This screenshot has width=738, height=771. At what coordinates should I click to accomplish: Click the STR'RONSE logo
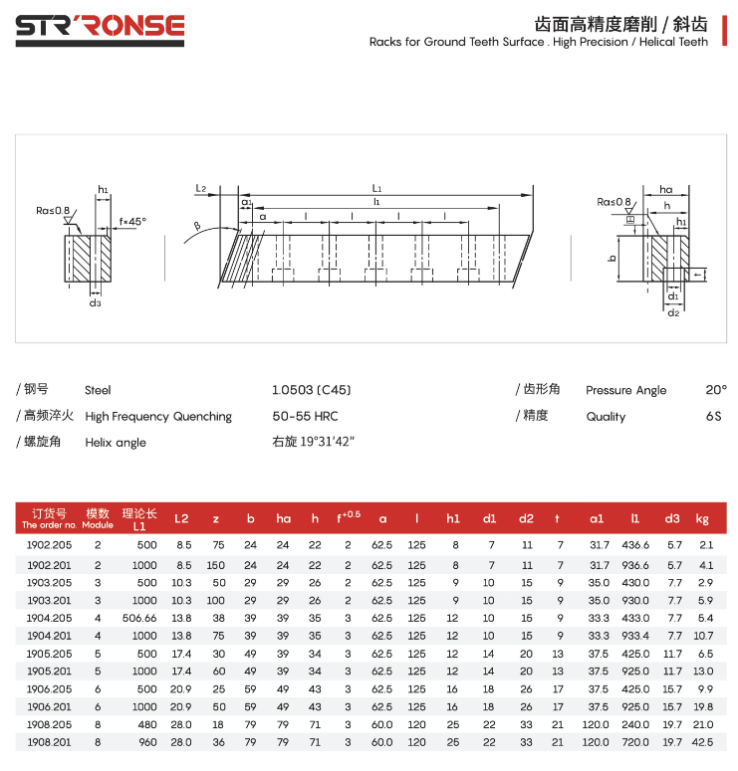[x=100, y=27]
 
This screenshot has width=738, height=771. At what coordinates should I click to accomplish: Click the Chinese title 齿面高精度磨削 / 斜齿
[x=621, y=24]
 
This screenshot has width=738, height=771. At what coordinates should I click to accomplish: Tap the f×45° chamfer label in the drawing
[x=132, y=221]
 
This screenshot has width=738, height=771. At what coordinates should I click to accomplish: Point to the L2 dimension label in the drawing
[x=200, y=188]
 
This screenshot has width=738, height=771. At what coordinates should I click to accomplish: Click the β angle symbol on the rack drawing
[x=197, y=227]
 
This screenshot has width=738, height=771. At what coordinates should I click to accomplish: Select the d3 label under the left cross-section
[x=95, y=302]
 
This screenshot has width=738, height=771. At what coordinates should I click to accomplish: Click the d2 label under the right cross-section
[x=673, y=312]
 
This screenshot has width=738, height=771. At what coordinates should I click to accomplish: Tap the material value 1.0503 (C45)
[x=311, y=390]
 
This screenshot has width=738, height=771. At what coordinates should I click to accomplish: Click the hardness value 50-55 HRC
[x=305, y=416]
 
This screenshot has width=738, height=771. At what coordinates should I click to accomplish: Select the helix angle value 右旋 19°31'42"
[x=313, y=442]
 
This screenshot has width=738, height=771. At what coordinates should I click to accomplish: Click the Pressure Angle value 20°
[x=716, y=390]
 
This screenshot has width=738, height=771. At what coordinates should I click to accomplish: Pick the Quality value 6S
[x=713, y=416]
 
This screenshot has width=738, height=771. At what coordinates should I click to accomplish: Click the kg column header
[x=702, y=518]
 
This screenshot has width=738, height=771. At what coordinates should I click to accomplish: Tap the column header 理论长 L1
[x=139, y=518]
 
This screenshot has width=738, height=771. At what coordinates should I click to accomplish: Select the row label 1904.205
[x=49, y=618]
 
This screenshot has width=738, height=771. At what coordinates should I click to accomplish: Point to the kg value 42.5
[x=703, y=742]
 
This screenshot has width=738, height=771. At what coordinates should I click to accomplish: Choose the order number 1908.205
[x=49, y=724]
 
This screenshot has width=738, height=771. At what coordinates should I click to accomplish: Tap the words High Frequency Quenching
[x=158, y=416]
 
